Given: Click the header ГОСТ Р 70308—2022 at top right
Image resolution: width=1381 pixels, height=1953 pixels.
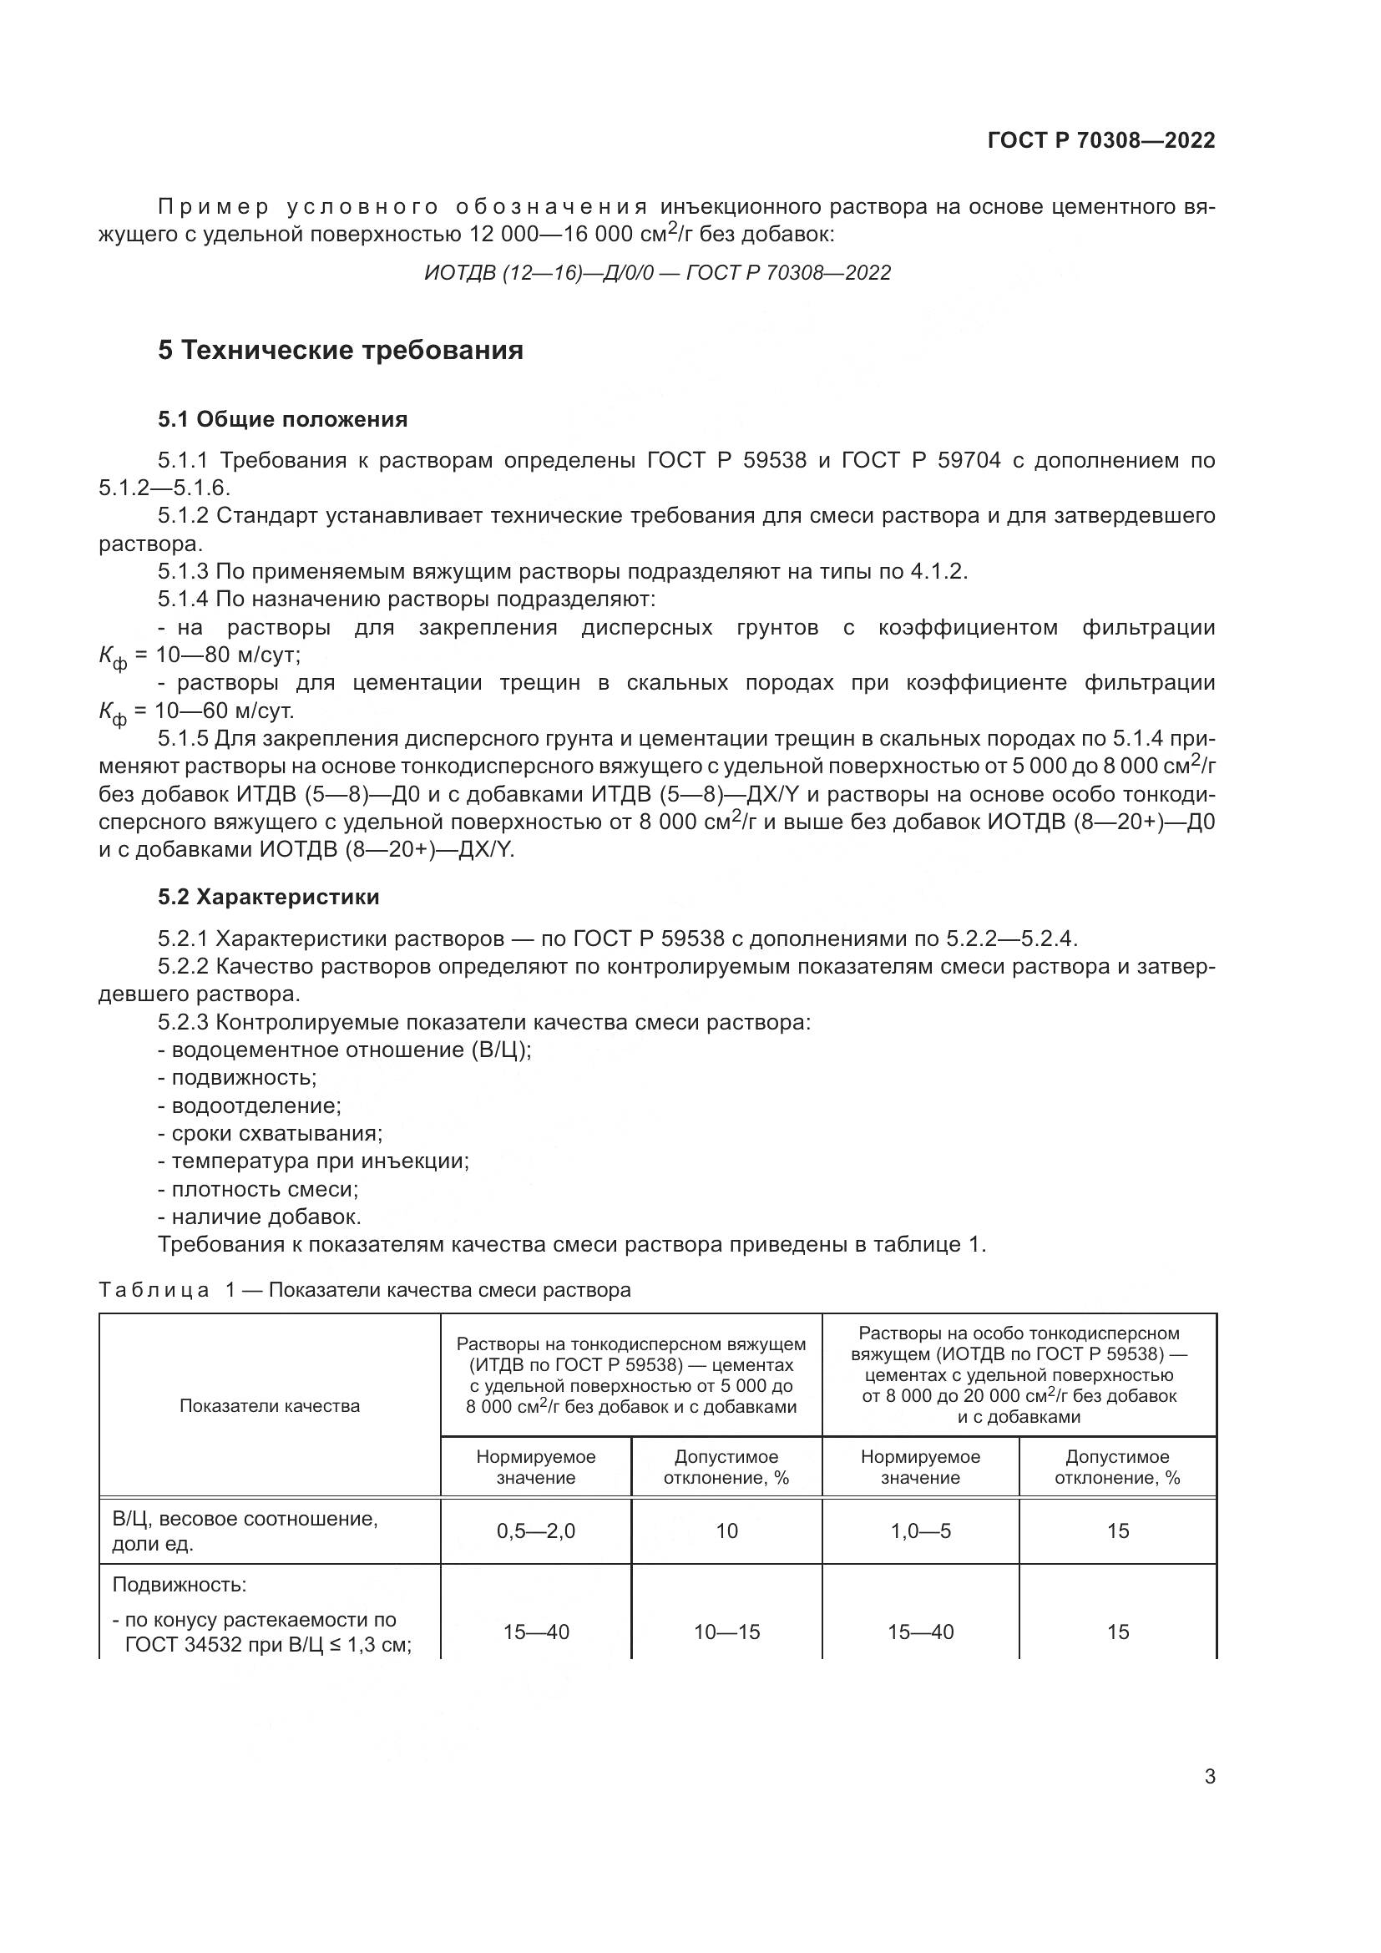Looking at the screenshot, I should click(x=1100, y=140).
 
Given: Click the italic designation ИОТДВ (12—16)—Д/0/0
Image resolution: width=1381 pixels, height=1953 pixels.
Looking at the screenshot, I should click(x=539, y=273).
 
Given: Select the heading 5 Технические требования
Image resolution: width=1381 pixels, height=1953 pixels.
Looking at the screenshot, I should click(x=340, y=350).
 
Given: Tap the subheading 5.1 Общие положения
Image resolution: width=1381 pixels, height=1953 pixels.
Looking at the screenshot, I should click(x=282, y=419).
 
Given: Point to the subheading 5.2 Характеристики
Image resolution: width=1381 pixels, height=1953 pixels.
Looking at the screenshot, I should click(x=269, y=897).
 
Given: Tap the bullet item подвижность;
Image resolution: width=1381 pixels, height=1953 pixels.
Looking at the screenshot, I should click(x=243, y=1078).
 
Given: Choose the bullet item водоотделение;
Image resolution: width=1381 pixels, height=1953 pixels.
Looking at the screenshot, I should click(x=255, y=1106).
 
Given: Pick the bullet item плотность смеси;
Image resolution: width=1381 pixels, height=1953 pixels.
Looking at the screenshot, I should click(x=264, y=1189).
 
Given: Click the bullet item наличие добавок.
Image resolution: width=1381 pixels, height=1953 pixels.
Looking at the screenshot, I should click(x=266, y=1217).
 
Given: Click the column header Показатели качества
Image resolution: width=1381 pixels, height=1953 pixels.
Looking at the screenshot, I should click(x=270, y=1406).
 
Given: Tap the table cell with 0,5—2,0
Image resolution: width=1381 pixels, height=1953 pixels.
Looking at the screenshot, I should click(x=536, y=1531).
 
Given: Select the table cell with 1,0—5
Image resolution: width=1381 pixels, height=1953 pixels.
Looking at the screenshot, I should click(x=920, y=1531).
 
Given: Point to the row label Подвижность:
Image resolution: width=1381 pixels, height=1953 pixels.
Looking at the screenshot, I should click(x=180, y=1586).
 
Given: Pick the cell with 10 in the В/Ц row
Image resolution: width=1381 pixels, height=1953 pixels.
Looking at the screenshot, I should click(x=726, y=1531).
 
